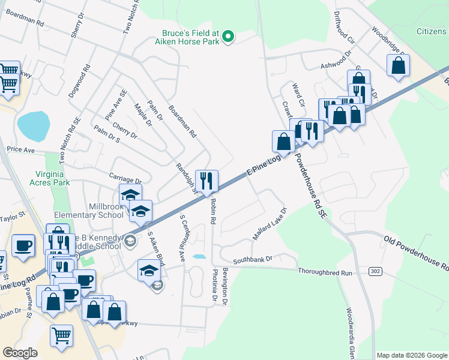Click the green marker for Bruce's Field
228,38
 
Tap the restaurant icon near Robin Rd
206,181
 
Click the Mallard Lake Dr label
270,224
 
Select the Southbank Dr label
253,259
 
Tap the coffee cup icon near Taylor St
23,246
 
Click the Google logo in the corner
20,353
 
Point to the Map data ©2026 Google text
412,355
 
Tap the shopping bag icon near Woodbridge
398,65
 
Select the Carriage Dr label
124,178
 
